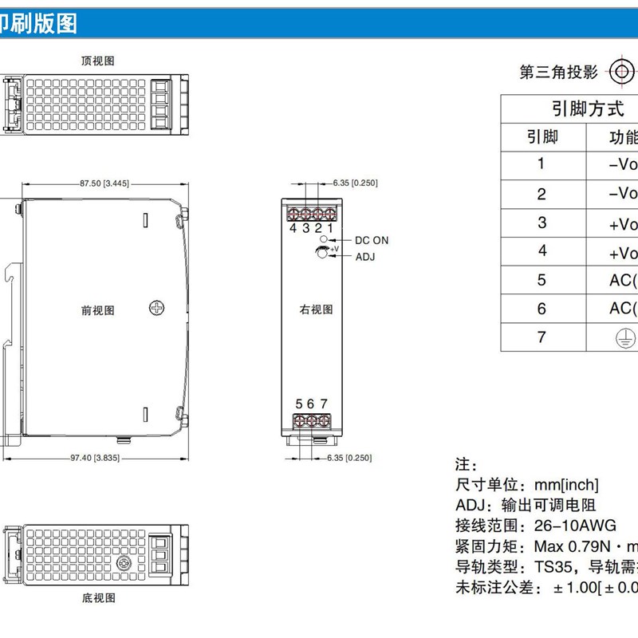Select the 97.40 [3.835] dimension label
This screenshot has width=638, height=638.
tap(95, 458)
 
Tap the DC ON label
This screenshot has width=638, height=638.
tap(372, 240)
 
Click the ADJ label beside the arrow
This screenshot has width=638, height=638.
tap(364, 257)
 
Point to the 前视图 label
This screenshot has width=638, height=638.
tap(97, 310)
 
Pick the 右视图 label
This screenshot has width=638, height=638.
tap(316, 309)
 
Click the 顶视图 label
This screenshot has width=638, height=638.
tap(98, 61)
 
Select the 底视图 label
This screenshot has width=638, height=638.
tap(98, 596)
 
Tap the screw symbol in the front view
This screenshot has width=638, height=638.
tap(157, 307)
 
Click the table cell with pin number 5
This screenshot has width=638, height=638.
tap(542, 280)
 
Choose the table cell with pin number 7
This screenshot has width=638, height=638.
tap(542, 337)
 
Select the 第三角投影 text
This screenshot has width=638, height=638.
tap(558, 73)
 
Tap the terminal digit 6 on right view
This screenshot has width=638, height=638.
tap(310, 404)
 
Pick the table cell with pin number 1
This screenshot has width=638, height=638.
tap(542, 164)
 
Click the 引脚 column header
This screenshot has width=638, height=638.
tap(542, 136)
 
